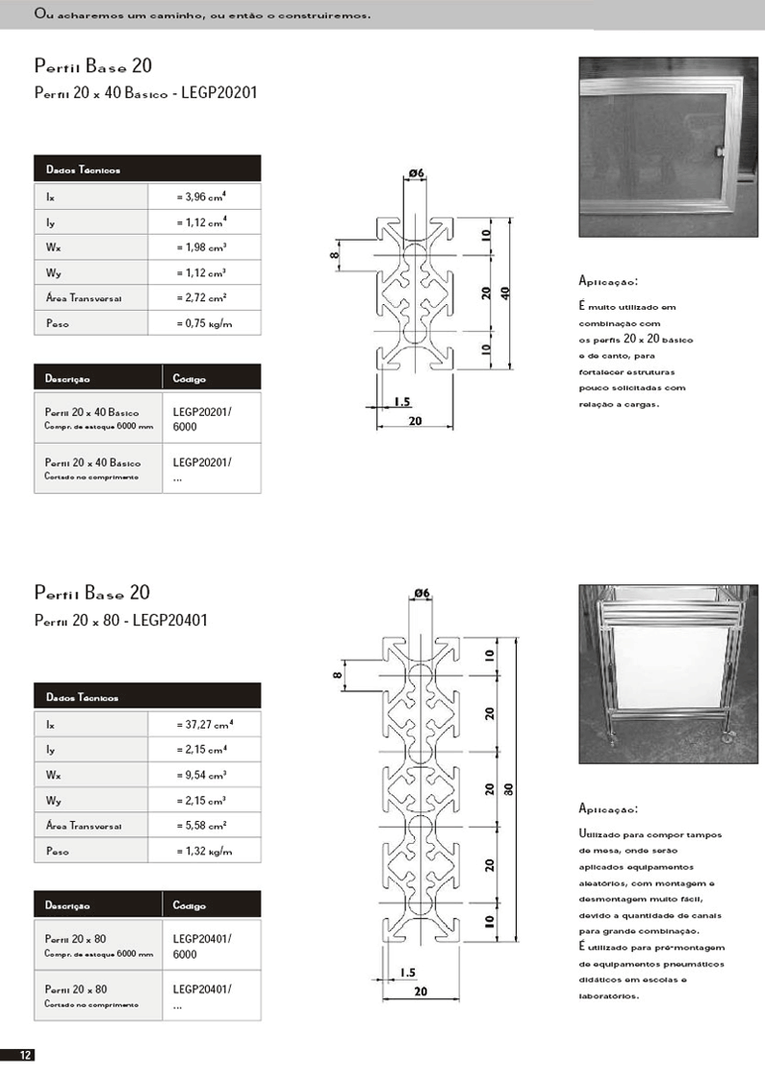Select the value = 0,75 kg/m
click(205, 324)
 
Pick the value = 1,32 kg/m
click(205, 851)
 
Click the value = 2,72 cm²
click(203, 298)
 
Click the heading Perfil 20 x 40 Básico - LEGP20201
click(145, 93)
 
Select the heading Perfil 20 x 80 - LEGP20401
click(120, 620)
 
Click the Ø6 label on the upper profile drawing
click(417, 172)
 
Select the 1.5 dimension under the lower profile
click(406, 973)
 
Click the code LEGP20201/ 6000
click(202, 419)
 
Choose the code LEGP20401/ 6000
click(202, 945)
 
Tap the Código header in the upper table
click(190, 379)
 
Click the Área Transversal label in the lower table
click(91, 826)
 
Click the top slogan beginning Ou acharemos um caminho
click(202, 15)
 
